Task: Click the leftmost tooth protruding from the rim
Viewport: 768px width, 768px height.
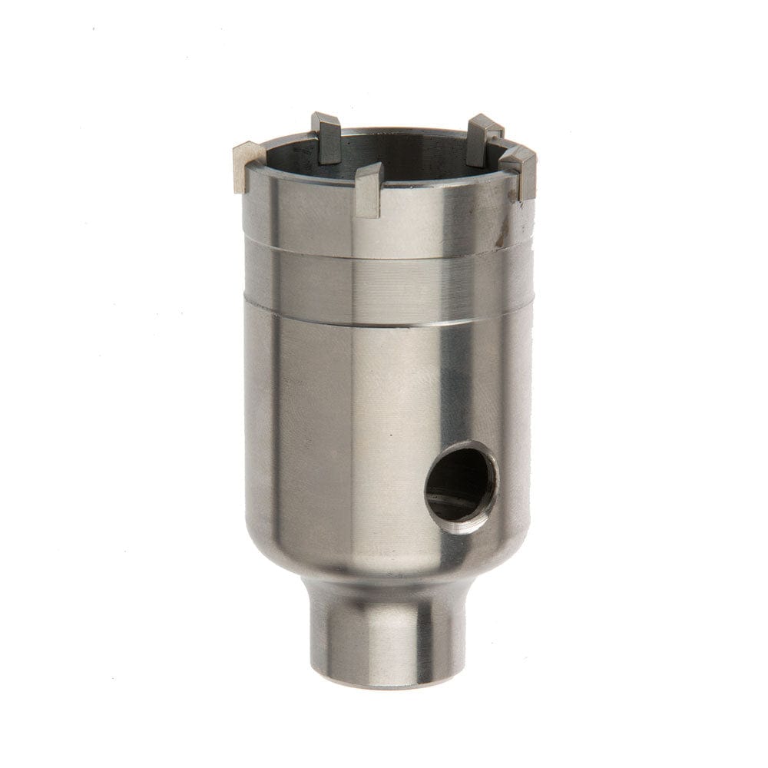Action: tap(247, 167)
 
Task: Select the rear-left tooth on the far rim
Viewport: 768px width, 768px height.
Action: tap(326, 137)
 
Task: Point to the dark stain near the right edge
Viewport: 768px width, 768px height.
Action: tap(499, 240)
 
